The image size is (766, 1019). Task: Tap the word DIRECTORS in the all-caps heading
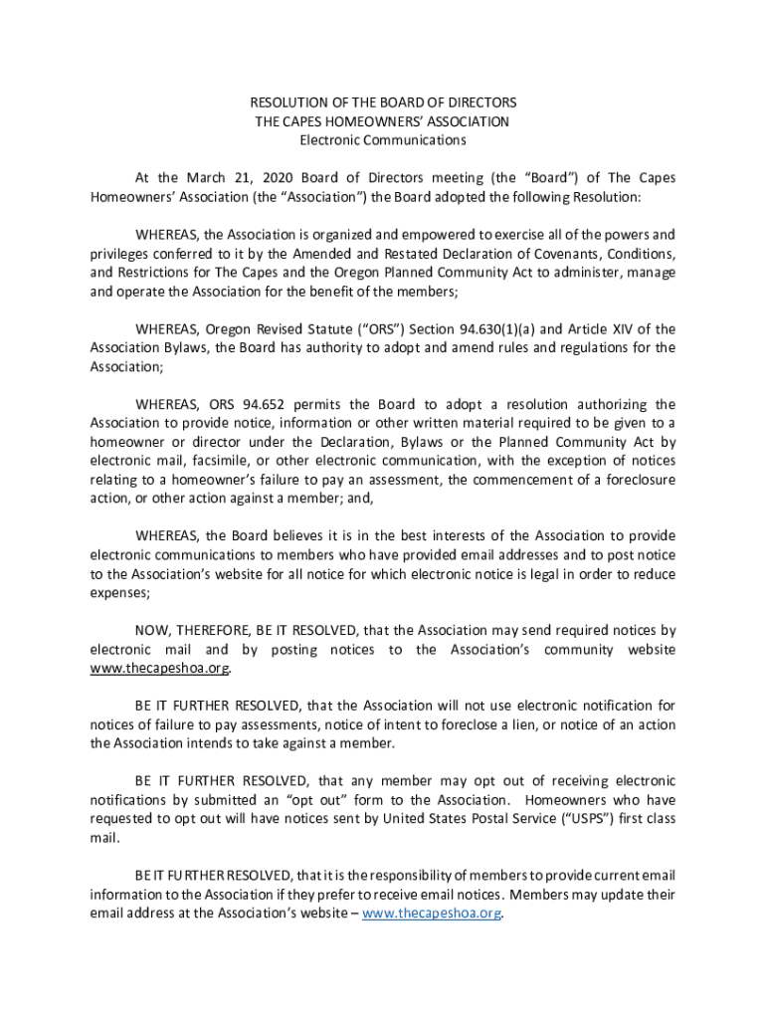482,102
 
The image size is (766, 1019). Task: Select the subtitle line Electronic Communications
383,140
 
